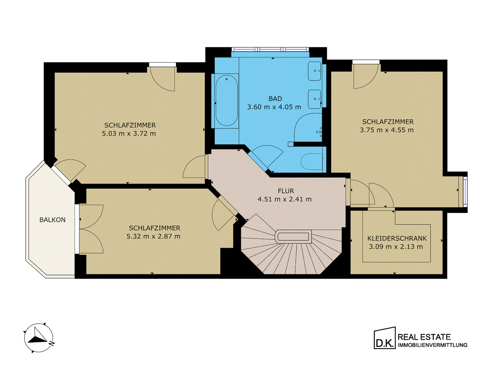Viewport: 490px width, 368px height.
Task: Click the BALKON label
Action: [52, 220]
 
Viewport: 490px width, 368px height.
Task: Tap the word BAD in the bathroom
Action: [275, 99]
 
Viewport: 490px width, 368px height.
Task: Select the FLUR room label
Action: [286, 191]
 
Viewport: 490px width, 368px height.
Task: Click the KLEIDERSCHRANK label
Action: [397, 238]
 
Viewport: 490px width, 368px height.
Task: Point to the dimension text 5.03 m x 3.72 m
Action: [129, 133]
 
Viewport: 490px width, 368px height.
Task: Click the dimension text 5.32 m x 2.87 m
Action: [153, 236]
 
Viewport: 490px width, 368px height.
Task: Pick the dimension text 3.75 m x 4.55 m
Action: [387, 130]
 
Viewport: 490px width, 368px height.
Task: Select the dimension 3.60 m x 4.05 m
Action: [274, 107]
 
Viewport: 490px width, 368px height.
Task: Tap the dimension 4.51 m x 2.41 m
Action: [285, 199]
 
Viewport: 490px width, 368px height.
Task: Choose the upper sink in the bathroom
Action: [315, 71]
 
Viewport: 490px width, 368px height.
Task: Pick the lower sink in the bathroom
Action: [315, 99]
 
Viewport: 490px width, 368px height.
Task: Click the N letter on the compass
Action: [52, 343]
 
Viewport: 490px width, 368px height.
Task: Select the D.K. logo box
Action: [385, 338]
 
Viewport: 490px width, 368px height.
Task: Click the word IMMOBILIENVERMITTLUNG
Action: [432, 345]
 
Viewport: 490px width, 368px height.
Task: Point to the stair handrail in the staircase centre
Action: [293, 236]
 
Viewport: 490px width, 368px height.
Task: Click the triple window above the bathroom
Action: [270, 49]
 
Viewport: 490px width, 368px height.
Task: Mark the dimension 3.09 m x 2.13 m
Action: [396, 247]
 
